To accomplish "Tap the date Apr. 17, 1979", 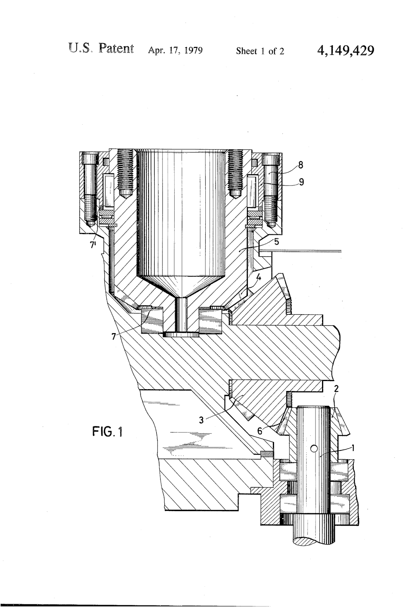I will point(175,51).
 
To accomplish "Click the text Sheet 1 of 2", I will point(260,51).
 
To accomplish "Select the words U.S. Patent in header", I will point(101,49).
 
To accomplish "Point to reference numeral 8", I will point(301,166).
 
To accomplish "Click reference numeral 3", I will point(201,420).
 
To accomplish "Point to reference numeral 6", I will point(260,431).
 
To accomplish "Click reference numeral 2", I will point(336,388).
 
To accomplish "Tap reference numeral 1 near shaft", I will point(353,447).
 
